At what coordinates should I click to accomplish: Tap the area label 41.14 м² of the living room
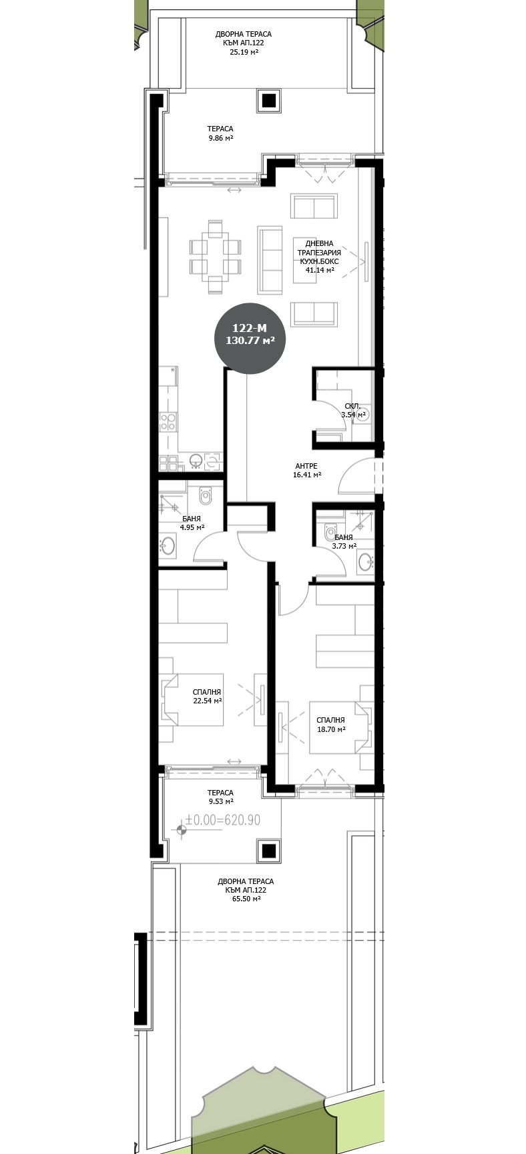coord(320,271)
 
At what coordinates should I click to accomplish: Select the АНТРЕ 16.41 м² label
coord(306,471)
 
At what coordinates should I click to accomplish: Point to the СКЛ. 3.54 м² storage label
coord(353,410)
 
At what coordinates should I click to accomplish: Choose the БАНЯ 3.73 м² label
coord(344,541)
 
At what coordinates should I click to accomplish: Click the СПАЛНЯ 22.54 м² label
coord(206,697)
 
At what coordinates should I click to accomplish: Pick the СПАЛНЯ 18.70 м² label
coord(330,725)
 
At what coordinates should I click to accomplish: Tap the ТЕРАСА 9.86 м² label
coord(220,133)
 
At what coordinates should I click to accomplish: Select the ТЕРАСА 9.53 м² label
coord(220,797)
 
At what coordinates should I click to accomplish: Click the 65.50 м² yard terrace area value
coord(246,899)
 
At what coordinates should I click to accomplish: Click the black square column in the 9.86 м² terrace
coord(268,101)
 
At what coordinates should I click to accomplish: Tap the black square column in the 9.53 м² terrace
coord(268,851)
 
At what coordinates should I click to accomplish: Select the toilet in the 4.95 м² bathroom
coord(205,495)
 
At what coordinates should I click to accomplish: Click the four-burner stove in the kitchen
coord(167,421)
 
